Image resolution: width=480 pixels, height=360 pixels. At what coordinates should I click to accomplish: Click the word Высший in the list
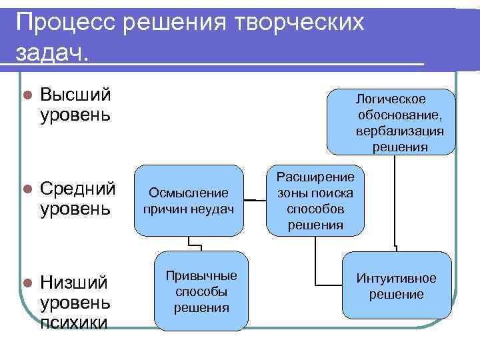pos(75,95)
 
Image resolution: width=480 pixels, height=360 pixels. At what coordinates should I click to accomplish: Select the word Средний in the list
pos(78,189)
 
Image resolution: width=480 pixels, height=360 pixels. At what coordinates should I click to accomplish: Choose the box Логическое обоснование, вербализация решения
pos(391,123)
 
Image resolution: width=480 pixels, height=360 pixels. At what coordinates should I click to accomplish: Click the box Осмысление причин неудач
pos(189,201)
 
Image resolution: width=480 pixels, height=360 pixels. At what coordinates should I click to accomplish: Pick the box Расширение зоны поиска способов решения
pos(315,201)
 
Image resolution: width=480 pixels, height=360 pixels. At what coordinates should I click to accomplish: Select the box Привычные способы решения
pos(201,291)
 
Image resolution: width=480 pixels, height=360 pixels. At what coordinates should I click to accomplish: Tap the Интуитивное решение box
pos(396,285)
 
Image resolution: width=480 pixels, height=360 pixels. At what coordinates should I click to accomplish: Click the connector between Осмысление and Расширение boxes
pos(255,199)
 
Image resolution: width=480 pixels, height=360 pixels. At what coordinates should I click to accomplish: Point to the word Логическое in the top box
pos(391,99)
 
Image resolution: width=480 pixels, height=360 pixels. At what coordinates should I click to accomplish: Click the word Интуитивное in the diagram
pos(396,278)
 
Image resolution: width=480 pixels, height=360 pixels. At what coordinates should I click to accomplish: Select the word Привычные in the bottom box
pos(201,276)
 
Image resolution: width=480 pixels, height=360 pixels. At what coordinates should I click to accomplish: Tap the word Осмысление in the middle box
pos(189,193)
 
